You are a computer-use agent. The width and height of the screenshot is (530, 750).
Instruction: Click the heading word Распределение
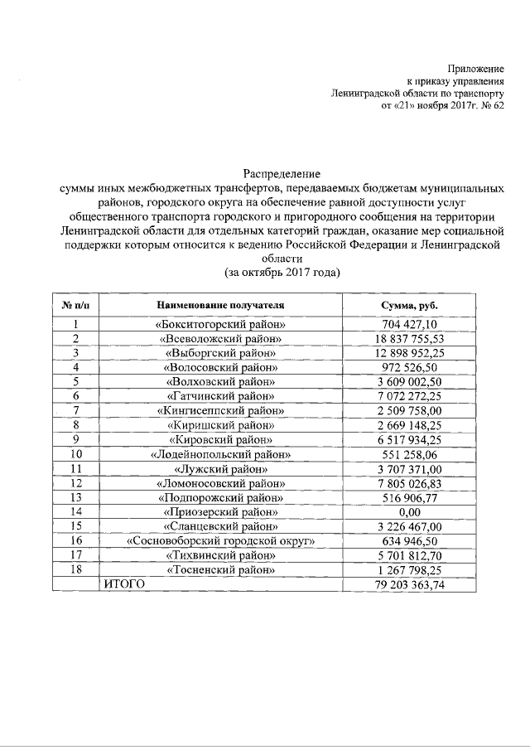(x=282, y=173)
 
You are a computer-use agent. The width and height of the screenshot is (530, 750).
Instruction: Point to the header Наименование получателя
(x=220, y=304)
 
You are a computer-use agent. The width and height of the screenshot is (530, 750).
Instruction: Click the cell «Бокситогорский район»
(x=220, y=325)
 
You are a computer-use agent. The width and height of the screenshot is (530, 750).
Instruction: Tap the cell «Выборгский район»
(x=220, y=353)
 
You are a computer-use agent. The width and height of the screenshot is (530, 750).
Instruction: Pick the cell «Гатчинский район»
(x=220, y=396)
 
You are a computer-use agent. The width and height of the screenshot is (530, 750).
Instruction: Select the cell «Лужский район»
(x=220, y=468)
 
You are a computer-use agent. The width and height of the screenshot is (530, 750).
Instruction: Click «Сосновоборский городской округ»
(x=220, y=541)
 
